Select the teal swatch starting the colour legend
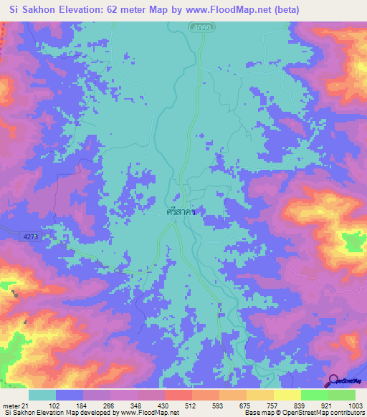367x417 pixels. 42,395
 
